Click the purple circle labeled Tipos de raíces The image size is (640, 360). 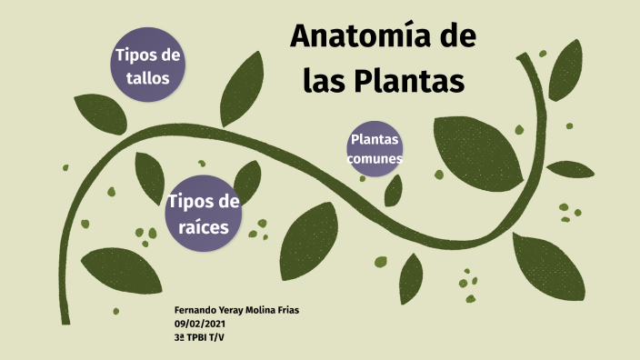click(204, 214)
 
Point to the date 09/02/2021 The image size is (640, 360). click(199, 323)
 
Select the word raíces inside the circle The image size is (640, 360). click(205, 226)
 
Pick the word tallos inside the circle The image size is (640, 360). click(148, 77)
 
